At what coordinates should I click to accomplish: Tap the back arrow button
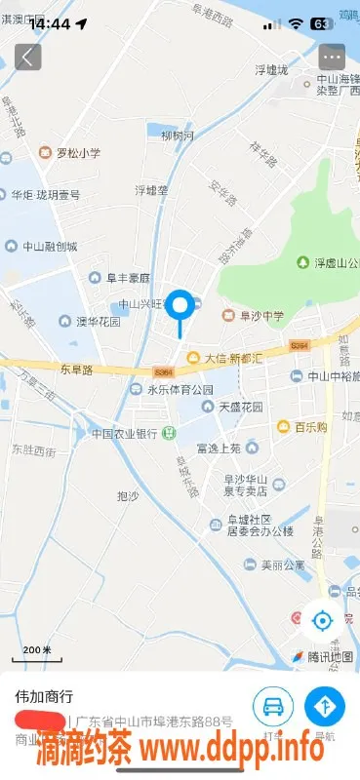point(27,57)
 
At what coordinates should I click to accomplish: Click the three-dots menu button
point(333,57)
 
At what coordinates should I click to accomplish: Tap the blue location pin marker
point(180,307)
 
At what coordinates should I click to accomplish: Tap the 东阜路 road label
point(77,370)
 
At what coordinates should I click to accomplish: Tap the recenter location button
point(321,620)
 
